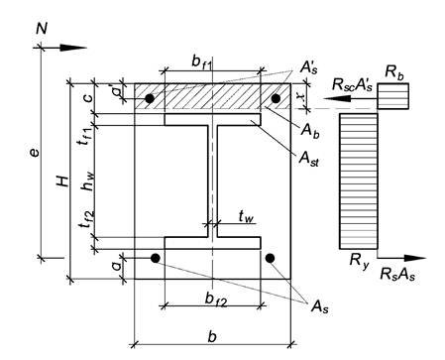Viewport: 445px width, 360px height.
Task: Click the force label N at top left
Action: [x=42, y=29]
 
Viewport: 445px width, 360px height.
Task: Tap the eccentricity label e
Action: [x=34, y=153]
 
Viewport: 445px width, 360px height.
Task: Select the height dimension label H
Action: [x=62, y=180]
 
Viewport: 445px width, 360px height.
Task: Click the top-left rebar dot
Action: [x=150, y=98]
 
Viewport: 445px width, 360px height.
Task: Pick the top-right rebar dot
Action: [x=276, y=98]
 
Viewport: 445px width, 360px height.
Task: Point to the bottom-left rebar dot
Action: [x=156, y=258]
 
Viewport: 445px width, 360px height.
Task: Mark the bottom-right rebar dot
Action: [x=270, y=258]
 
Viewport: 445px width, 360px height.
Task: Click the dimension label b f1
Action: [x=202, y=61]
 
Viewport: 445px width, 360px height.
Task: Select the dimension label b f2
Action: [x=216, y=300]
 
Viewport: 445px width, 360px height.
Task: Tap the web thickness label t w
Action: [x=246, y=217]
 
